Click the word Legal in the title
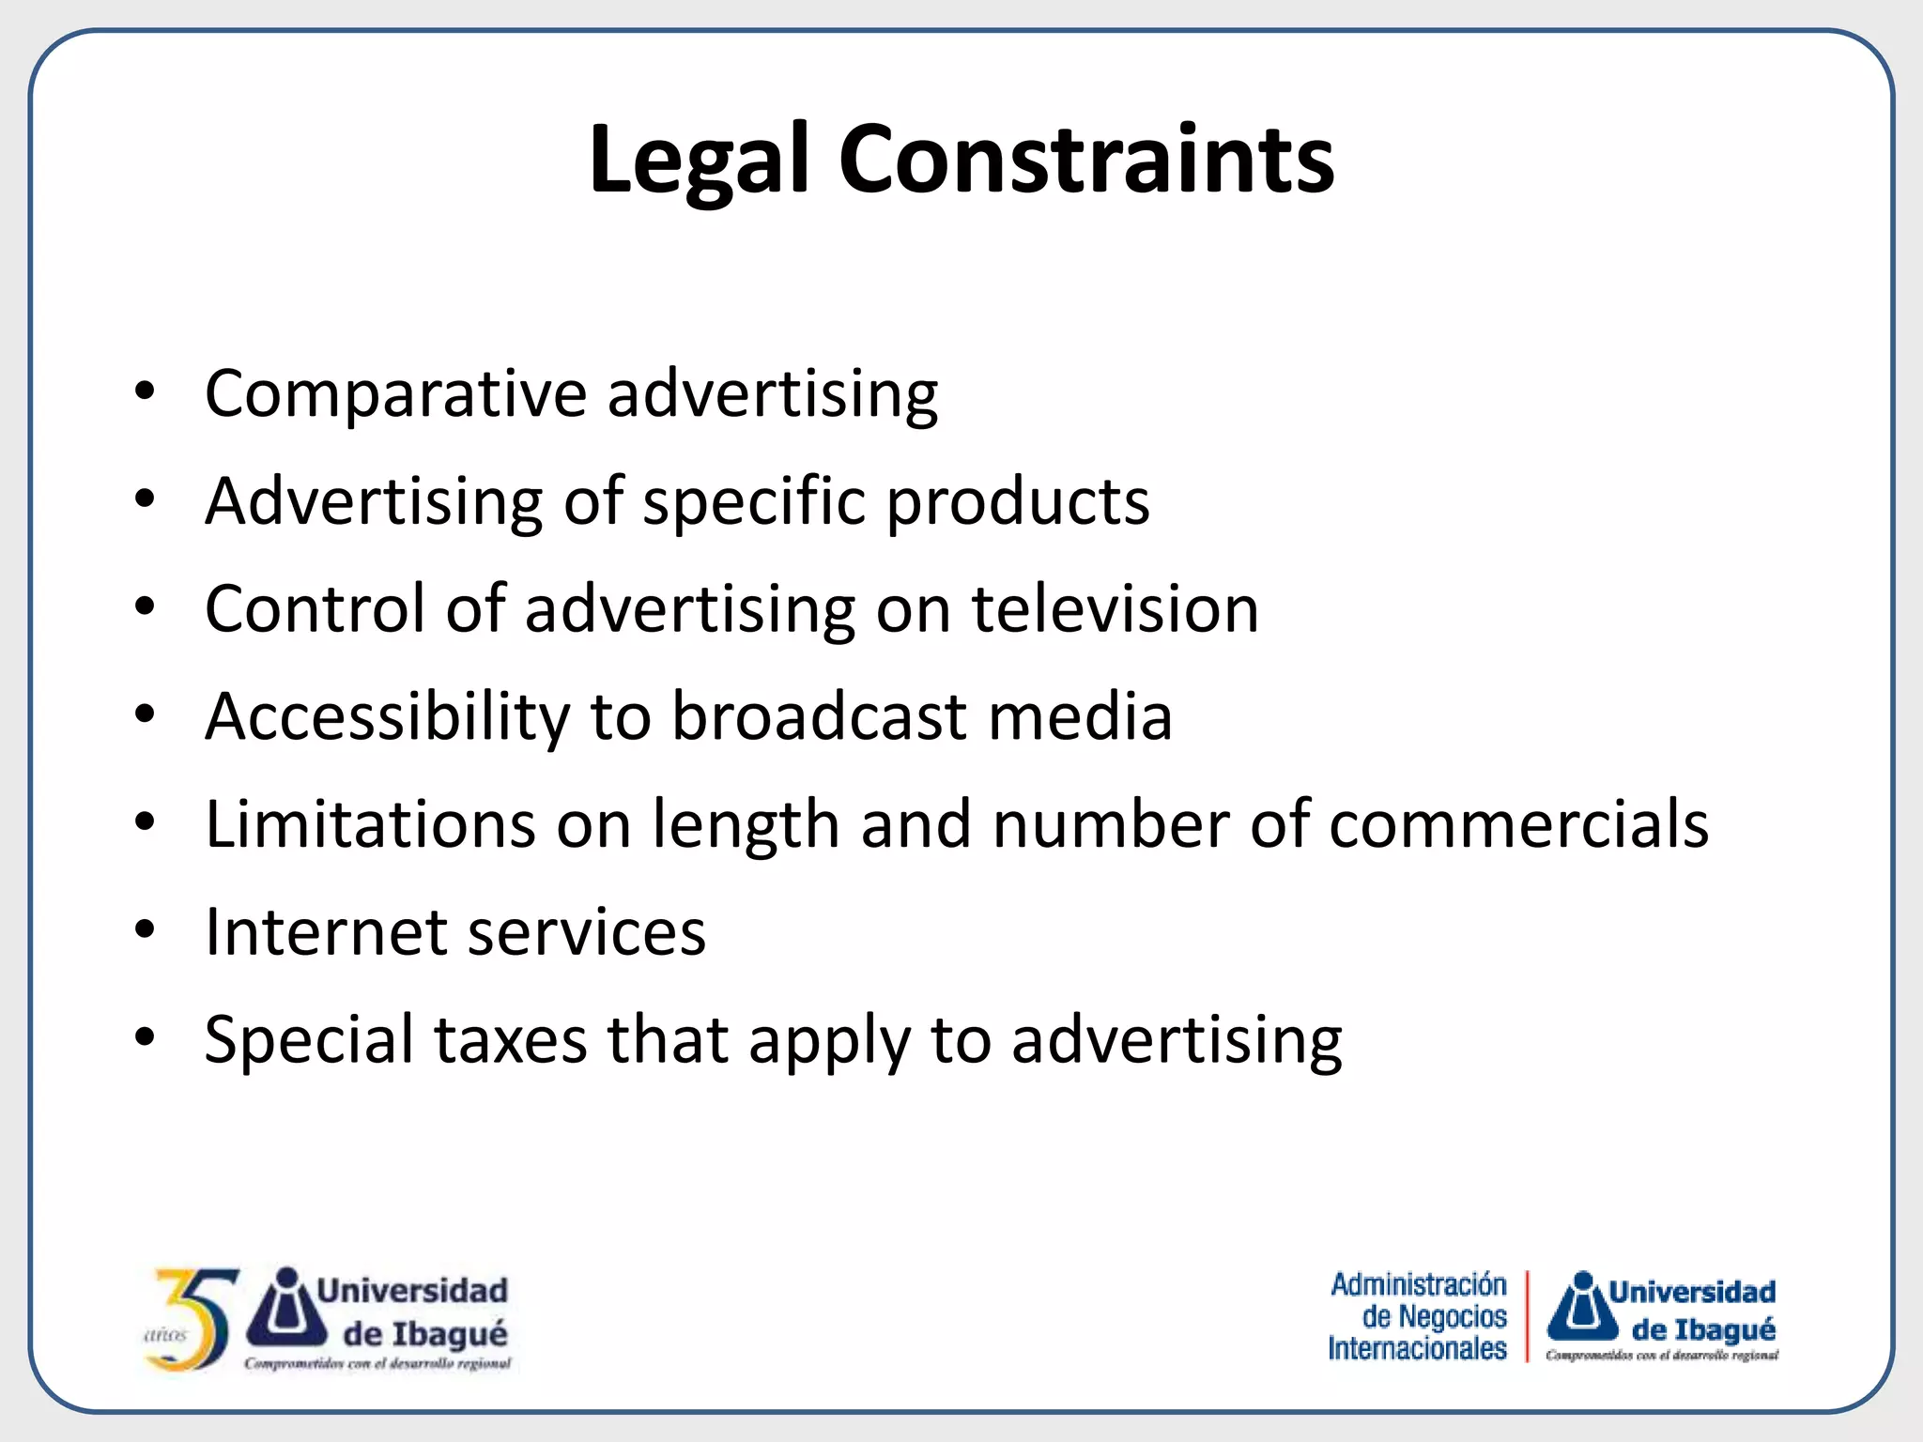699,160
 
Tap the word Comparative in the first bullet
394,394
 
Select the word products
1018,502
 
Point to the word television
1115,609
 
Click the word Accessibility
387,717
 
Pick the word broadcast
820,717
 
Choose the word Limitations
370,824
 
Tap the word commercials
1518,824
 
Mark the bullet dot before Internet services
145,930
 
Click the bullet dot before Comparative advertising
145,391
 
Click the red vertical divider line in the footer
1527,1316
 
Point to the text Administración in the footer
1418,1284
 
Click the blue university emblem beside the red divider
1583,1307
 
